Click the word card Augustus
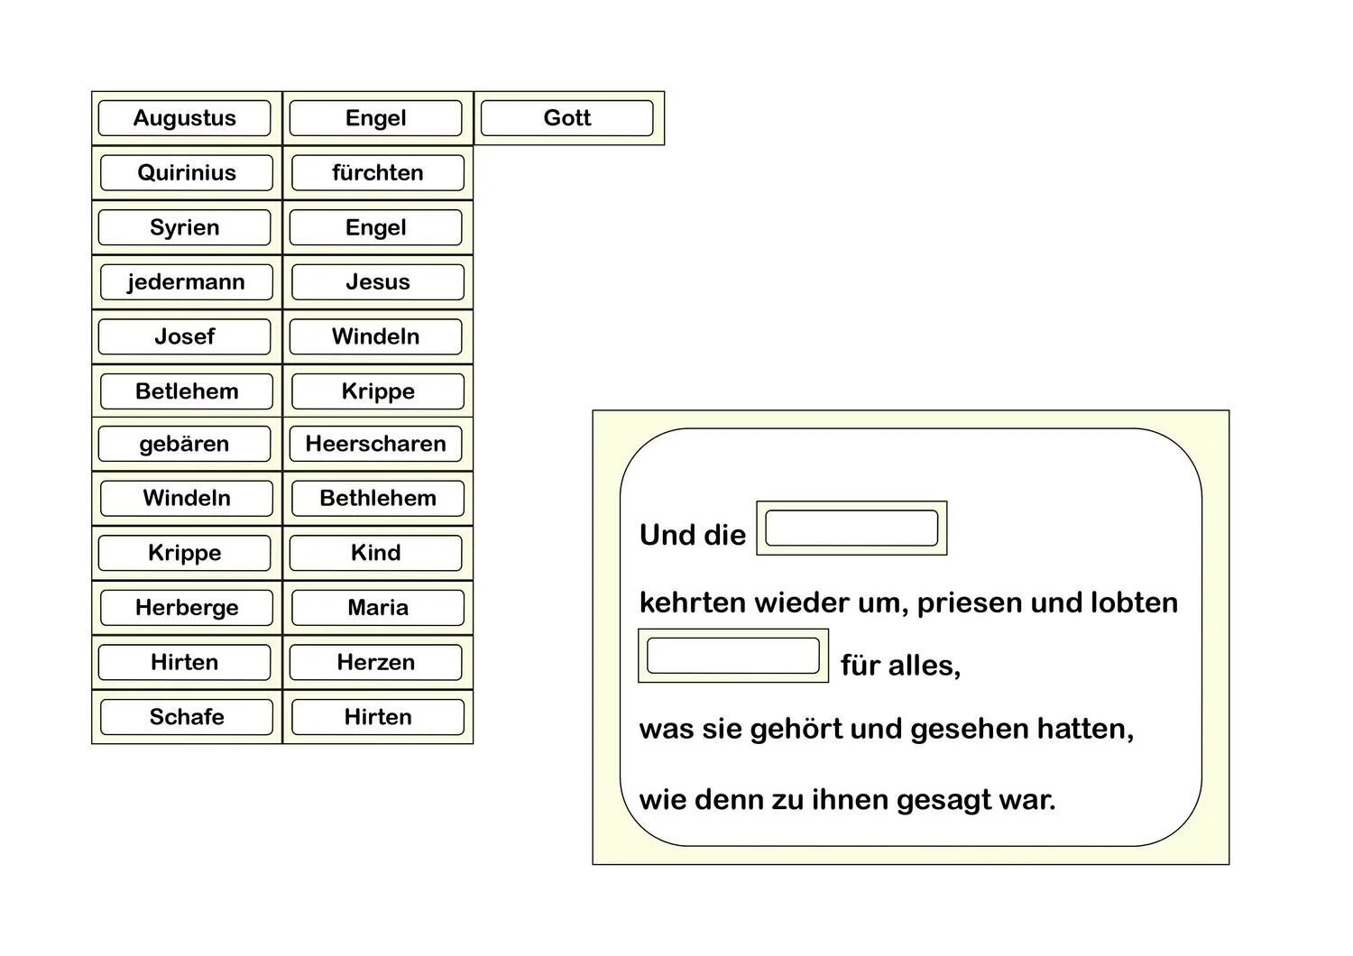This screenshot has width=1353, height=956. (185, 118)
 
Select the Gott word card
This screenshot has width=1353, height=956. (568, 118)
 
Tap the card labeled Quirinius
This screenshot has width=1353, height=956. (187, 173)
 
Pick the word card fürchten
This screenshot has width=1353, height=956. (378, 173)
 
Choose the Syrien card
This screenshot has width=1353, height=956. (185, 227)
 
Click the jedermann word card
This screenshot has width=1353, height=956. (187, 282)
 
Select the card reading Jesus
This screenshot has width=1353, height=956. (378, 282)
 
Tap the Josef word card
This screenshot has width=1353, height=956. (185, 336)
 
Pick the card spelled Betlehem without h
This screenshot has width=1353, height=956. (187, 391)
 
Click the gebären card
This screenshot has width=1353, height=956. (185, 444)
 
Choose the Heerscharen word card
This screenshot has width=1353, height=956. (376, 444)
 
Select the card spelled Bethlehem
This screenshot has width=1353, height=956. (378, 498)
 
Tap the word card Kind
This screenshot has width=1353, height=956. (376, 553)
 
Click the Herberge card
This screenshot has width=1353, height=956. (187, 608)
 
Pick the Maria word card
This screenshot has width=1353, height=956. (378, 608)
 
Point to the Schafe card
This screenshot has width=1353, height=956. (187, 717)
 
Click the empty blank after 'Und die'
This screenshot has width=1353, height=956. (851, 529)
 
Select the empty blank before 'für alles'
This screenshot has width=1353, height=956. (733, 656)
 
